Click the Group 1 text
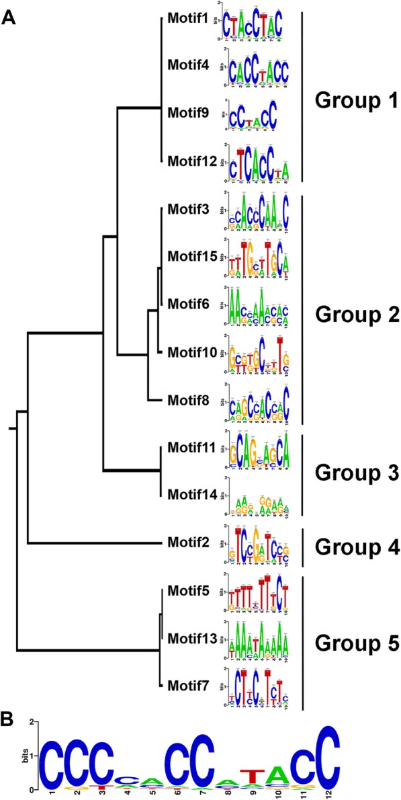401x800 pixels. pyautogui.click(x=355, y=102)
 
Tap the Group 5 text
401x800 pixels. pyautogui.click(x=355, y=643)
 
